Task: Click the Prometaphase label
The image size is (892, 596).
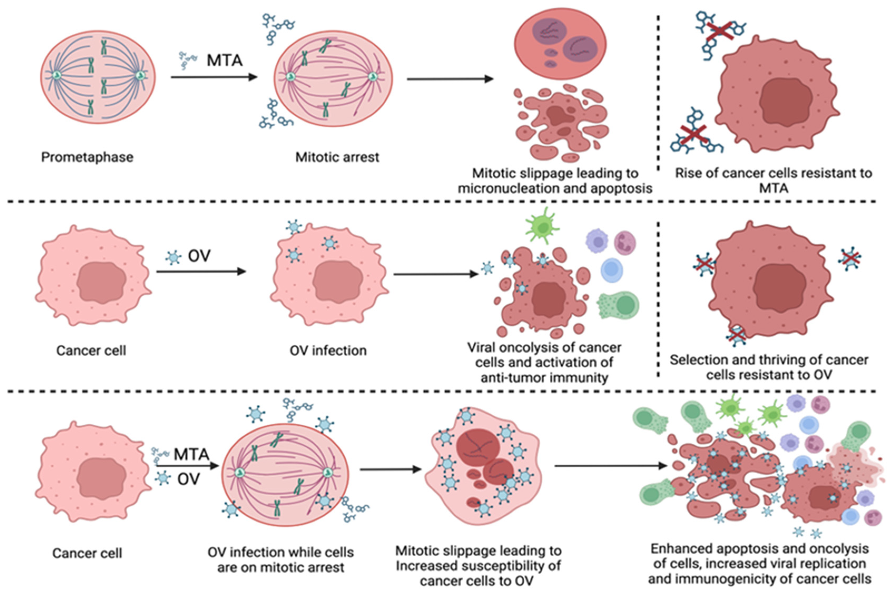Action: [x=87, y=157]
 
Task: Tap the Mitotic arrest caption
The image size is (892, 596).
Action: [x=337, y=157]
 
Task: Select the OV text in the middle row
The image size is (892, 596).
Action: [x=199, y=256]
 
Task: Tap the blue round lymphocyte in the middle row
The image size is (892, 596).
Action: [x=612, y=270]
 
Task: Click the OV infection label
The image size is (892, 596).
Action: [x=328, y=350]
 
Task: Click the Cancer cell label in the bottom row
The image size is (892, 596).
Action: [x=87, y=553]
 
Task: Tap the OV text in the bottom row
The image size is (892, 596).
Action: [x=188, y=479]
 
